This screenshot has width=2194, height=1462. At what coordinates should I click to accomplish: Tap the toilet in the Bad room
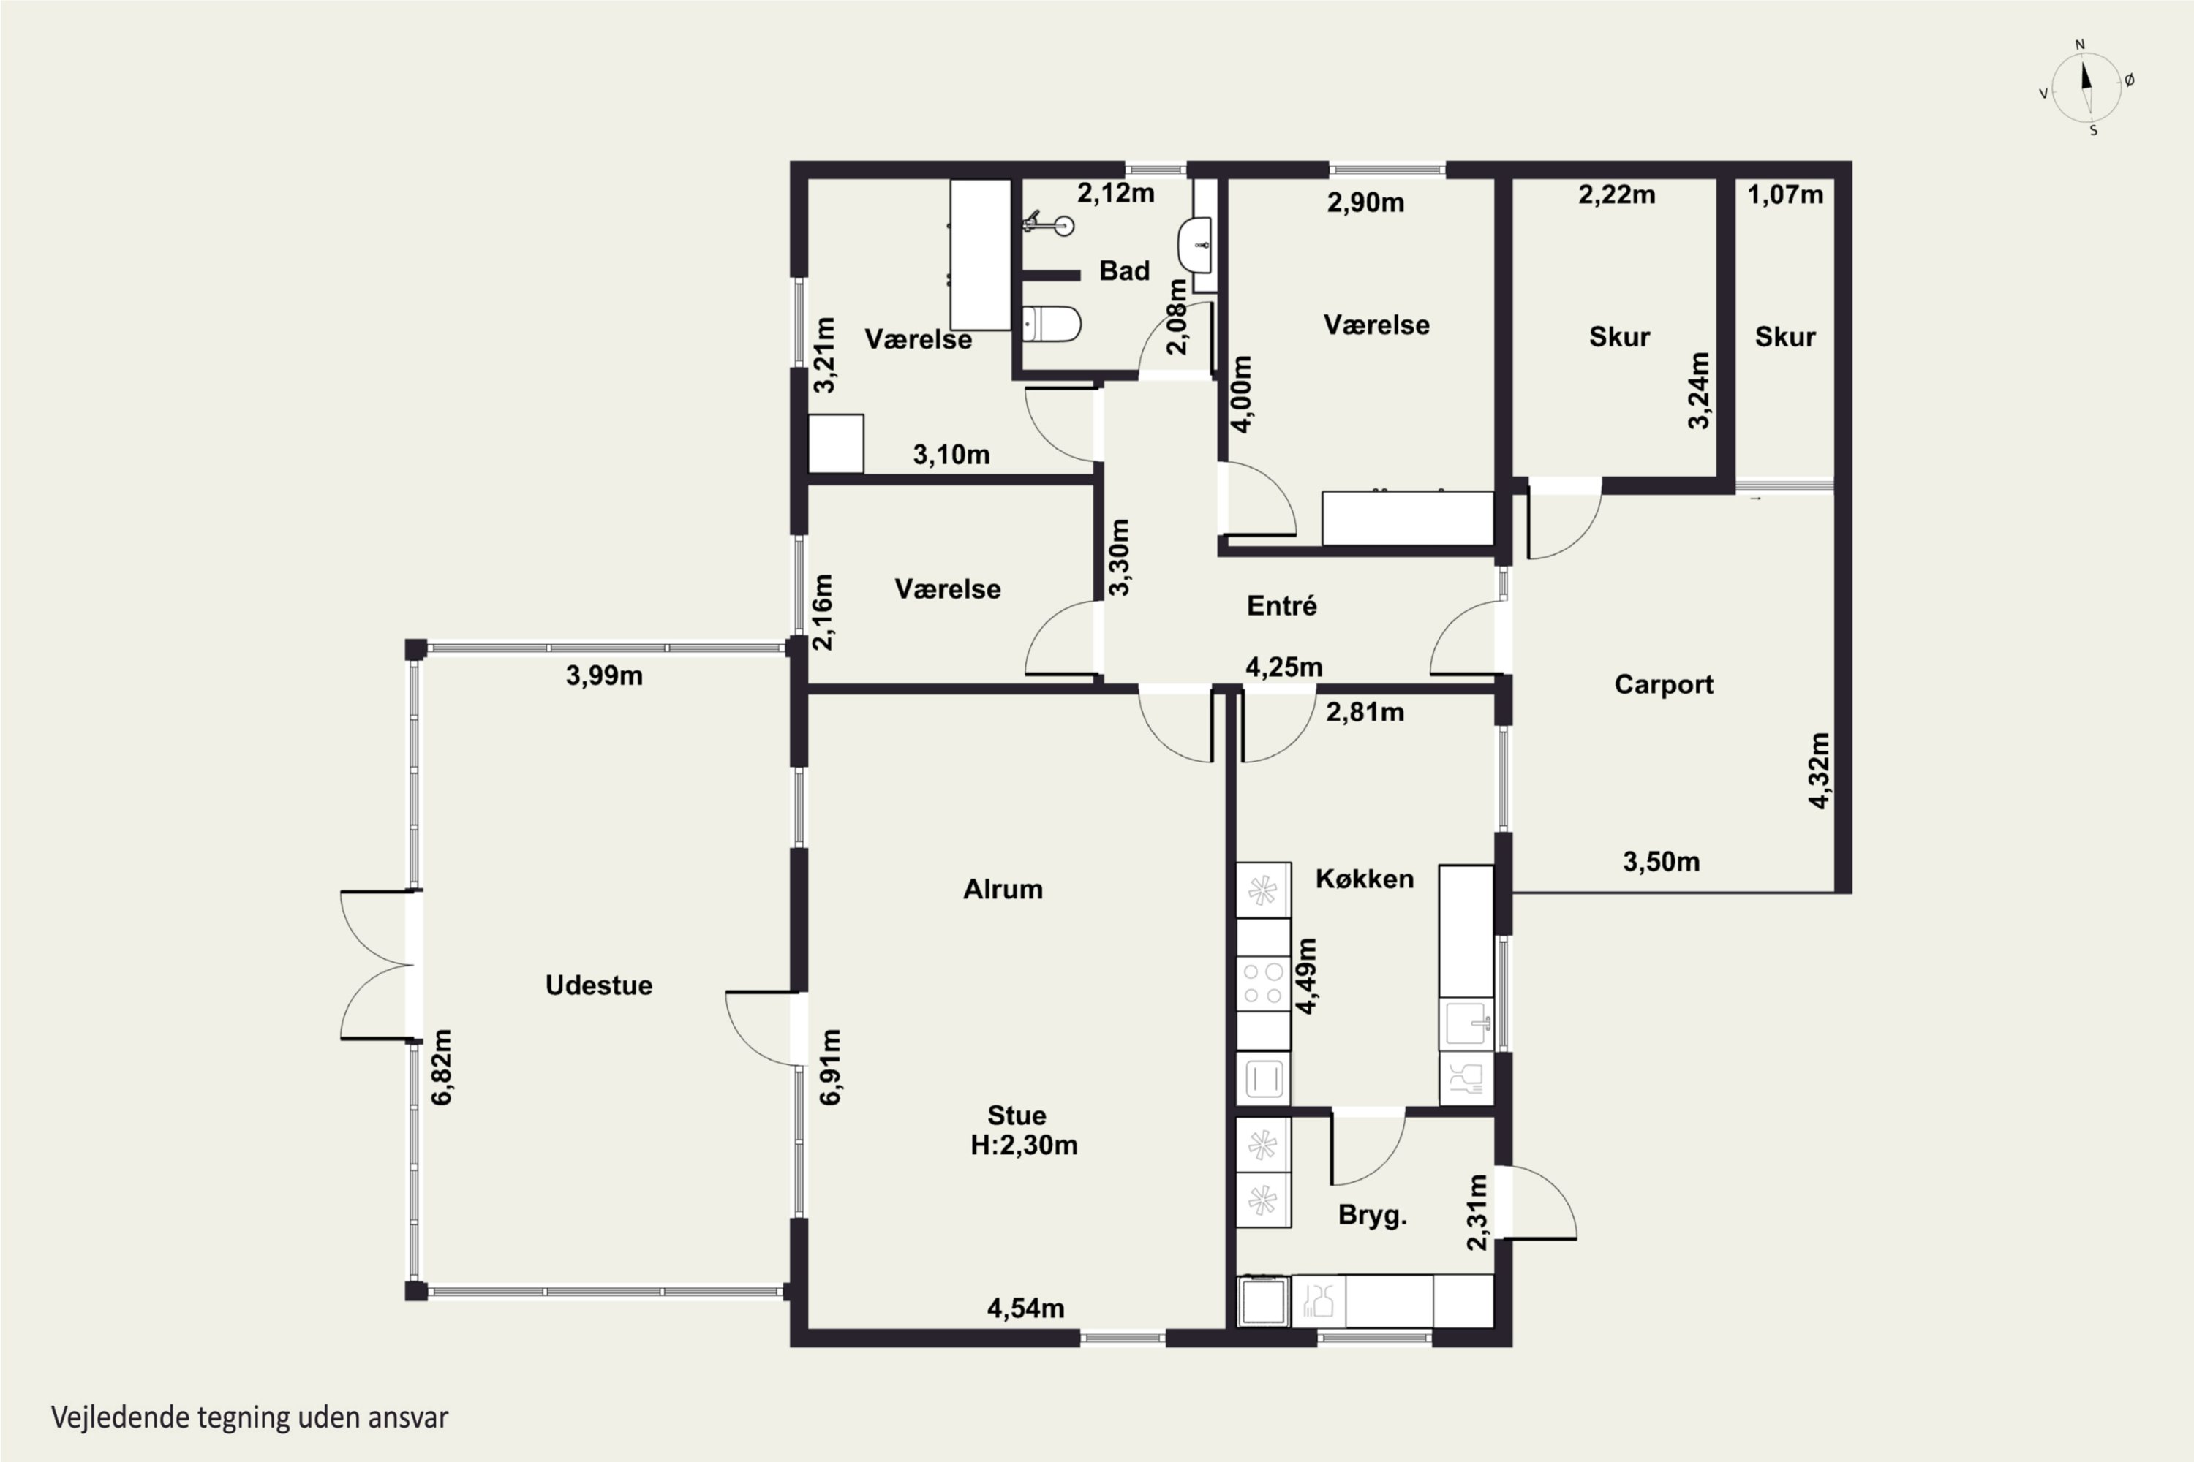pyautogui.click(x=1052, y=325)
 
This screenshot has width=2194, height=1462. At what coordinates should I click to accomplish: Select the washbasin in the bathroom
pyautogui.click(x=1195, y=245)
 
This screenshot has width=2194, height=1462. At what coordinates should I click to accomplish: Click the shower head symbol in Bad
pyautogui.click(x=1049, y=224)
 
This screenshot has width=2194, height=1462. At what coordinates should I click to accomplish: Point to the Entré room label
pyautogui.click(x=1282, y=605)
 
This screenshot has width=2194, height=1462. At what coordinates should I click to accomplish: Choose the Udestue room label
pyautogui.click(x=599, y=985)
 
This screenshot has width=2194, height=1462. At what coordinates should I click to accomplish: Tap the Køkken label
pyautogui.click(x=1365, y=879)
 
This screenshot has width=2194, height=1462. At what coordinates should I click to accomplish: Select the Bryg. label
pyautogui.click(x=1372, y=1216)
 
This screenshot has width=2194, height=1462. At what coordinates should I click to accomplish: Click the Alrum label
pyautogui.click(x=1003, y=889)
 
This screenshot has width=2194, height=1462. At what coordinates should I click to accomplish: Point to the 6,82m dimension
pyautogui.click(x=442, y=1067)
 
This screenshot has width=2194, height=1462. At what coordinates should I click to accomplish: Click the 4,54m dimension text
pyautogui.click(x=1026, y=1308)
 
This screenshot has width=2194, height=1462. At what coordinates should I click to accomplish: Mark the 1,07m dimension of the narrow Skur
pyautogui.click(x=1785, y=195)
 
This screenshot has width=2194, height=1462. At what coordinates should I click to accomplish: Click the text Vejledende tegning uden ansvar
pyautogui.click(x=250, y=1417)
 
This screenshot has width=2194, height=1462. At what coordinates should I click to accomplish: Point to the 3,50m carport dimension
pyautogui.click(x=1662, y=862)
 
